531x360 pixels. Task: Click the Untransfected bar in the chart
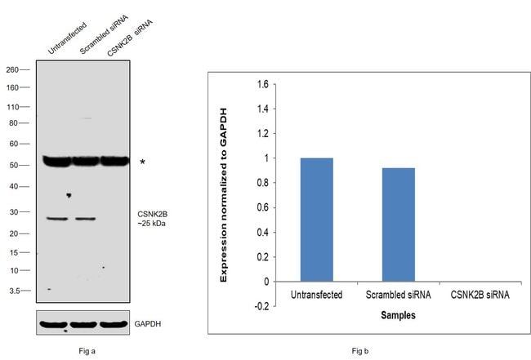317,220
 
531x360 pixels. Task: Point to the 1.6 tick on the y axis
261,84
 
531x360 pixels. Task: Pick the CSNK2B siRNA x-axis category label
480,294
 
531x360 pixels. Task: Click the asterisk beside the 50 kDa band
143,163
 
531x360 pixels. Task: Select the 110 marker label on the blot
14,107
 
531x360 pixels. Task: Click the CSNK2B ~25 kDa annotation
152,219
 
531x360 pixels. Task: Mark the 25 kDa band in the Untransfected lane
57,219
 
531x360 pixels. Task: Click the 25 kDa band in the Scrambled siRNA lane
86,219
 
